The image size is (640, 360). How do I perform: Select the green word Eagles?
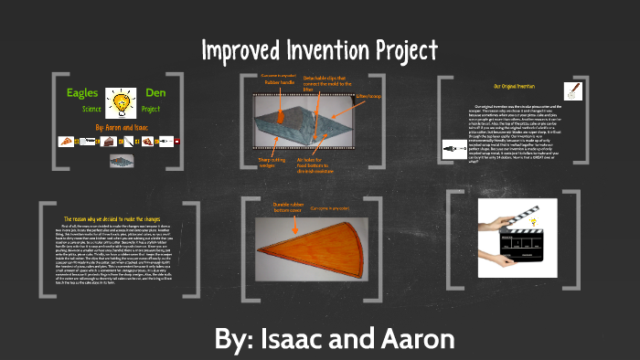point(81,92)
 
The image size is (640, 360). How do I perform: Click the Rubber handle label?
point(279,81)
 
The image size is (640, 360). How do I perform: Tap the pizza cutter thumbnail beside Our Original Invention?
point(573,90)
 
